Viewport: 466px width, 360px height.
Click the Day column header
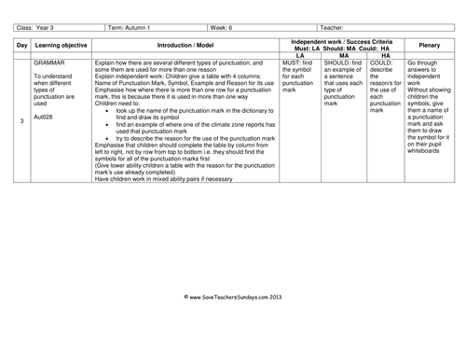21,45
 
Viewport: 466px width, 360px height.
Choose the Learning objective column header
61,45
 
